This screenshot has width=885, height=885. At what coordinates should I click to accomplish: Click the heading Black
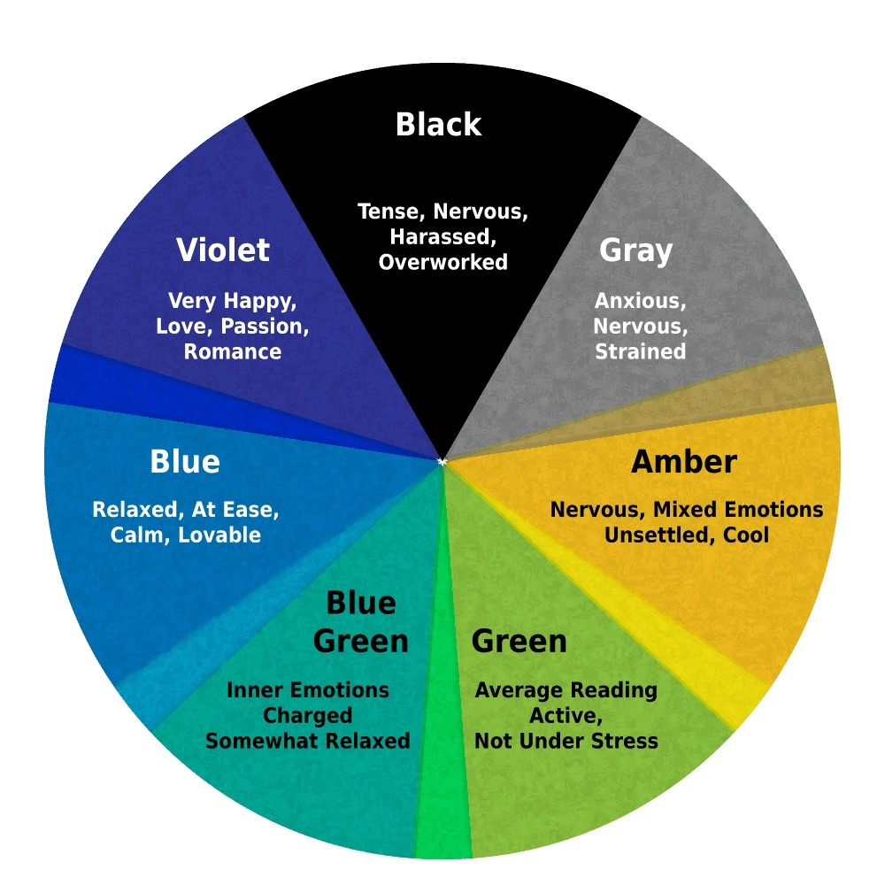point(439,124)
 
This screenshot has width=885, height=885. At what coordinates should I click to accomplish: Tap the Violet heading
point(223,250)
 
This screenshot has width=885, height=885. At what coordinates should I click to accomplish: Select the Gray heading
point(636,251)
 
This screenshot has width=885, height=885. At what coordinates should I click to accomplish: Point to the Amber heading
point(684,462)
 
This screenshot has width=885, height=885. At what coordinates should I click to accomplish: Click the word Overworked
point(443,262)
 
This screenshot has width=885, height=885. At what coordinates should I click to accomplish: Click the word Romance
point(233,351)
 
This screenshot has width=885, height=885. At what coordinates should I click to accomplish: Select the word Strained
point(641,351)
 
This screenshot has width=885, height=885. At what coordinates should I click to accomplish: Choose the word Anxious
point(641,301)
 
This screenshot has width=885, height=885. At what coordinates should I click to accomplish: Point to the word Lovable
point(219,535)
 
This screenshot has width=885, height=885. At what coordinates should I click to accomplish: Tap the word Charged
point(308,716)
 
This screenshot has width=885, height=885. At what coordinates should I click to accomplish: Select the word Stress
point(626,741)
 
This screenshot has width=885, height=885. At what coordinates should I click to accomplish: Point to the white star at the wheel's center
point(442,462)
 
